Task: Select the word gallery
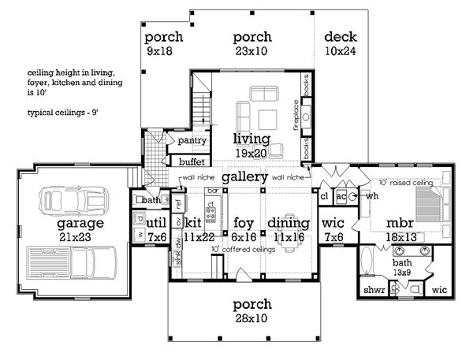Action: (x=244, y=177)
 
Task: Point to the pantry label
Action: (x=192, y=141)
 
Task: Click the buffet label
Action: (x=192, y=161)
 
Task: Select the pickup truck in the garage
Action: (x=71, y=265)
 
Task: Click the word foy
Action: (x=244, y=223)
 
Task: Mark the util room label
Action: (x=156, y=224)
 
